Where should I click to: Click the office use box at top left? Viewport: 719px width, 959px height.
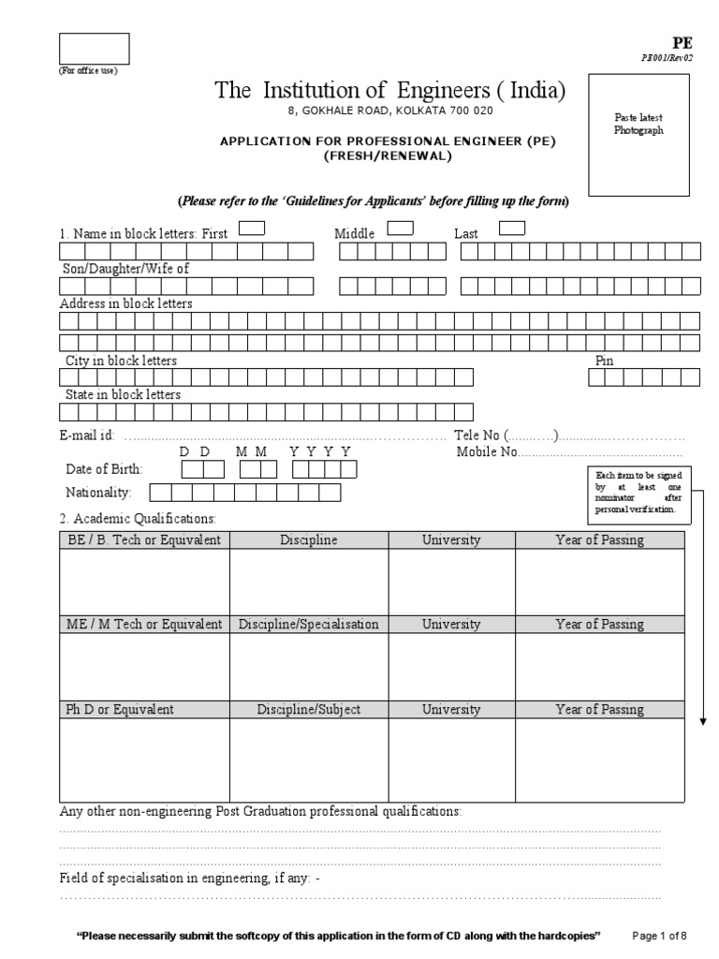[x=95, y=49]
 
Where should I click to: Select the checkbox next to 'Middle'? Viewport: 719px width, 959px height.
[x=400, y=228]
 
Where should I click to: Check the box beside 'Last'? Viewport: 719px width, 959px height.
[x=512, y=228]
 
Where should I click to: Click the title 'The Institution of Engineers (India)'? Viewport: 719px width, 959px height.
[x=390, y=91]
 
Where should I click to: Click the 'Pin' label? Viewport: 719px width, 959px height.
[x=605, y=361]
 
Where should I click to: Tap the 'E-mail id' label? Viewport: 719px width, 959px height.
[x=87, y=435]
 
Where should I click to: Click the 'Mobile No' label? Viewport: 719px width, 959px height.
[x=487, y=452]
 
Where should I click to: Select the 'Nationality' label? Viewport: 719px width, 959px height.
[x=98, y=492]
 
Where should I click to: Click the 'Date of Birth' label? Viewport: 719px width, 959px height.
[x=101, y=469]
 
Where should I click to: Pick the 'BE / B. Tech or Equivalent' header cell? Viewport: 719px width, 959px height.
[x=144, y=540]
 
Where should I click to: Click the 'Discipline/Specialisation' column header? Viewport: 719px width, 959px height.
[x=309, y=624]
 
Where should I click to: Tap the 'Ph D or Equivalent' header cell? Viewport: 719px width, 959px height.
[x=144, y=709]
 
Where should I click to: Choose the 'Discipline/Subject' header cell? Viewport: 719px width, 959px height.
[x=309, y=709]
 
